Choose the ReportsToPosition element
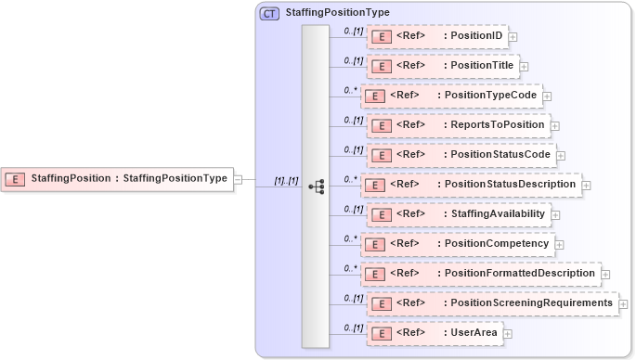tap(459, 125)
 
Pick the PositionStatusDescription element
tap(470, 185)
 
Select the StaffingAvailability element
tap(459, 214)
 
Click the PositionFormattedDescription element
tap(479, 274)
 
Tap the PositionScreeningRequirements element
tap(492, 303)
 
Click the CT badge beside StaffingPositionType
tap(269, 13)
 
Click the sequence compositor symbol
tap(316, 186)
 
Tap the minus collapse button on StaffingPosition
tap(239, 179)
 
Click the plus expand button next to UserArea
tap(508, 333)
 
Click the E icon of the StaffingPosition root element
tap(15, 178)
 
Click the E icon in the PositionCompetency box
tap(372, 245)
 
